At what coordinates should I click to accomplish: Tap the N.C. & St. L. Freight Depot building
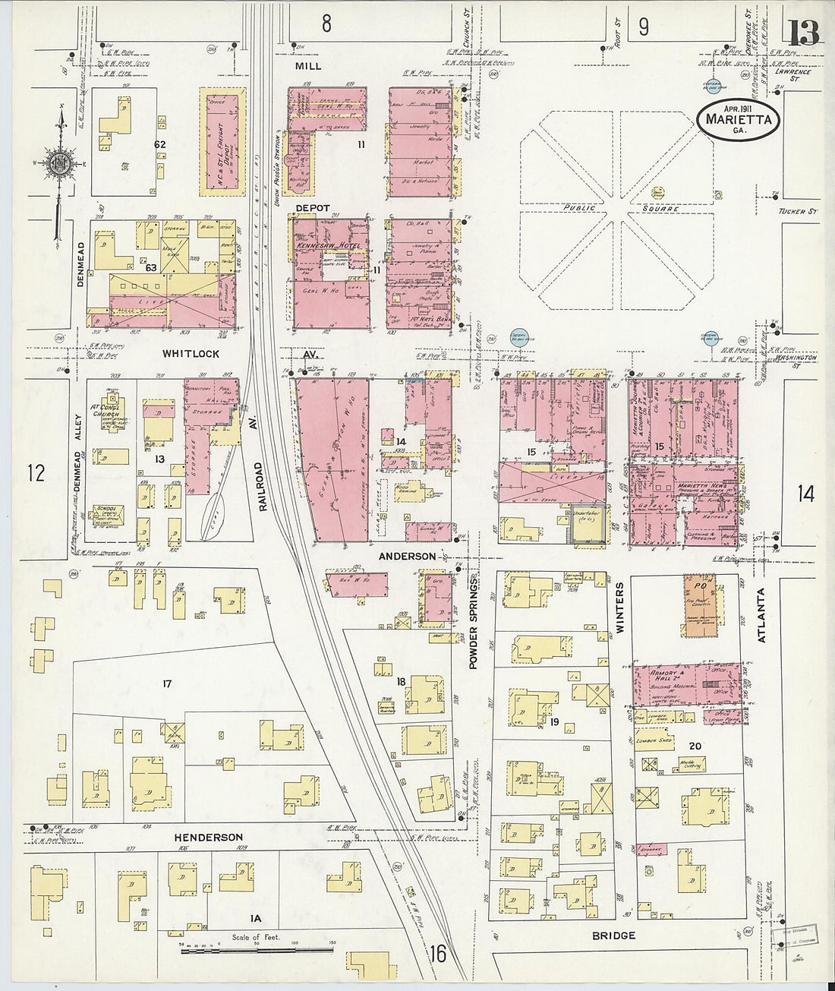[x=223, y=142]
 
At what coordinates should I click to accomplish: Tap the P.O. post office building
[x=703, y=600]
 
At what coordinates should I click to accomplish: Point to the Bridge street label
[x=613, y=935]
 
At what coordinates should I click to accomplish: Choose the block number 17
[x=167, y=683]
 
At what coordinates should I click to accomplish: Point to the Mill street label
[x=308, y=66]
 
